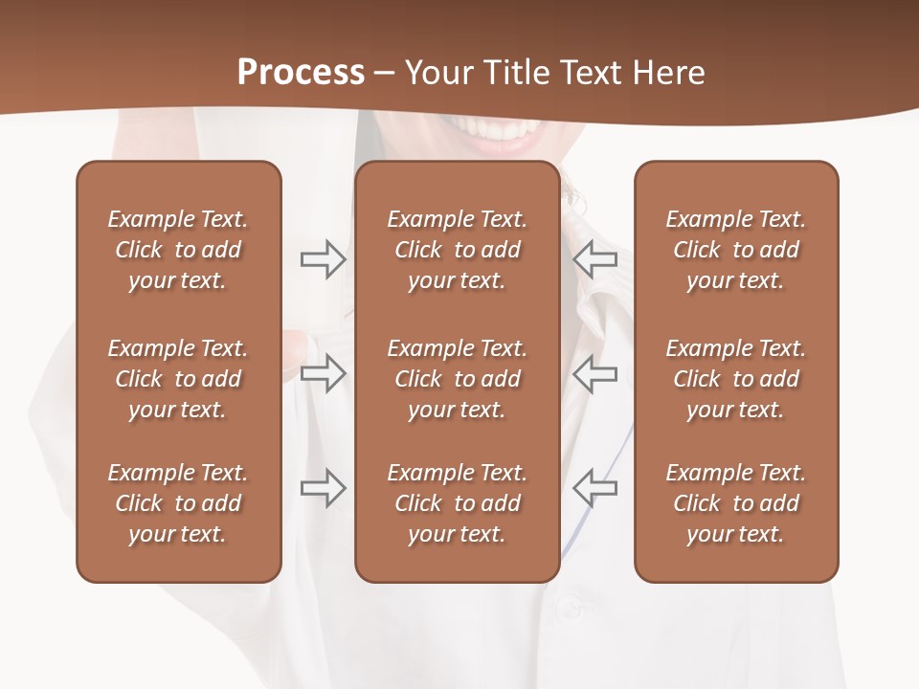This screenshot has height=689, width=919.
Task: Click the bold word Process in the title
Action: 301,73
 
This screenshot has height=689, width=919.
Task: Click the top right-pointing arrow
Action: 323,259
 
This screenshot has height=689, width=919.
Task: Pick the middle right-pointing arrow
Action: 323,374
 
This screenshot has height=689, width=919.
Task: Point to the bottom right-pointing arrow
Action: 323,488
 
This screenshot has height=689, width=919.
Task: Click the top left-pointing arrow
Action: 594,259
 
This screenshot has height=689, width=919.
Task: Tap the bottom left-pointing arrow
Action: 594,488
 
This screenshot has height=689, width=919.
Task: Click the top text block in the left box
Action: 178,250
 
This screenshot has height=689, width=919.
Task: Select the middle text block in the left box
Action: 178,379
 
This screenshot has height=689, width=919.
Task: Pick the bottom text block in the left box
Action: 178,503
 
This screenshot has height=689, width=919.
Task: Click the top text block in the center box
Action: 457,250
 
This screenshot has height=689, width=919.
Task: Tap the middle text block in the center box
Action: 457,379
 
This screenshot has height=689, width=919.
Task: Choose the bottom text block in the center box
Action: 457,503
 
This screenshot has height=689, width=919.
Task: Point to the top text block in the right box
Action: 736,250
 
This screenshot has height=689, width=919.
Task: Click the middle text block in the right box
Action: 736,379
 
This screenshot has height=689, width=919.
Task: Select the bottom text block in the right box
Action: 736,503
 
